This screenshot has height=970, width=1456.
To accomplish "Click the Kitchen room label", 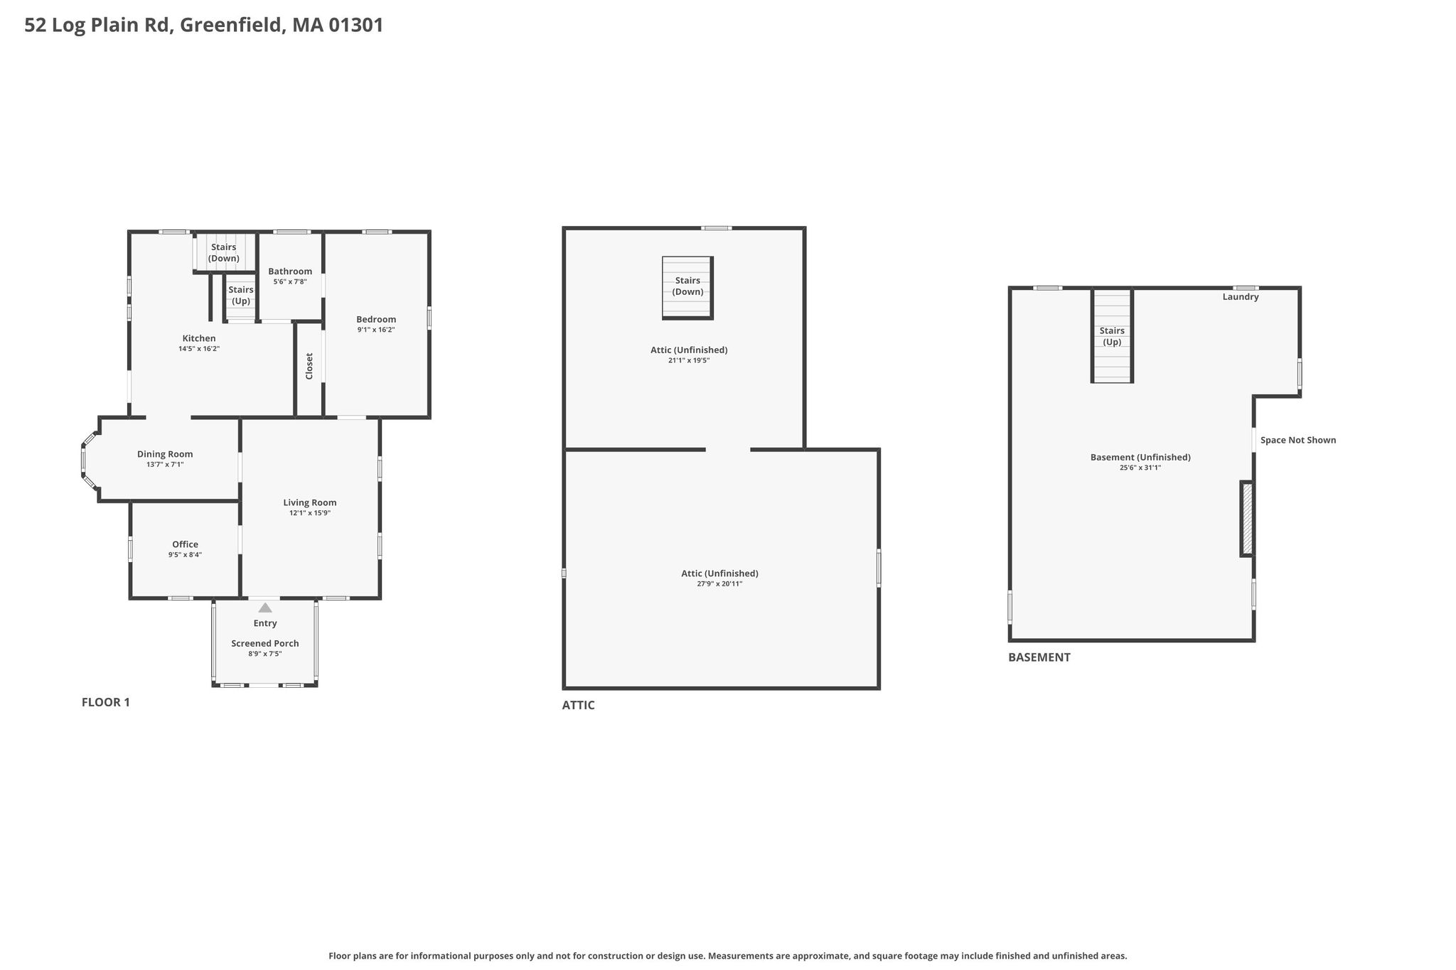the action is (199, 338).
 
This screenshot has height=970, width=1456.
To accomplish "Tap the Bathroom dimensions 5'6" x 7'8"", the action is (290, 282).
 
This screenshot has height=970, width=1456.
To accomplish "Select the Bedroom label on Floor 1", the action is (376, 319).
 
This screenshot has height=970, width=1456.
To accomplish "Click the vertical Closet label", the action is (309, 366).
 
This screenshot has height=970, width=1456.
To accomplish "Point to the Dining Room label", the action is (165, 454).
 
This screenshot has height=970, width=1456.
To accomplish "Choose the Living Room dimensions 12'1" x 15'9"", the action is (310, 513).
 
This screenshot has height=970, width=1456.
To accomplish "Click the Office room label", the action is (185, 544).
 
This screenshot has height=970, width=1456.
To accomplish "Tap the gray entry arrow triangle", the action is (265, 608).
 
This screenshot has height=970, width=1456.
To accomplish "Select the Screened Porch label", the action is (265, 643).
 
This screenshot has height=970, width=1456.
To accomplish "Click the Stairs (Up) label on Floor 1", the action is (241, 295).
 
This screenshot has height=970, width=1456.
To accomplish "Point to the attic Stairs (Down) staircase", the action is (687, 288).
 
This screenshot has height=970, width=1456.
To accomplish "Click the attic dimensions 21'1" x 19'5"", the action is (689, 360).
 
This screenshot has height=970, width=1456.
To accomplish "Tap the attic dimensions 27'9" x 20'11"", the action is (719, 583).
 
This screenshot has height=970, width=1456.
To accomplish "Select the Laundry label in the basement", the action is (1241, 297).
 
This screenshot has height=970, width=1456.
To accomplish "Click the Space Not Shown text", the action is (1298, 440).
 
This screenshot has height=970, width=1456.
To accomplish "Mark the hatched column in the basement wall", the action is (1247, 519).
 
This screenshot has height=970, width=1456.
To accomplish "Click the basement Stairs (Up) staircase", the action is (1112, 335).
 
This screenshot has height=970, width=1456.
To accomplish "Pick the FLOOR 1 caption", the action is (106, 702).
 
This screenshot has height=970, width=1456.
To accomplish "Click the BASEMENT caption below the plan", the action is (1039, 657).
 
